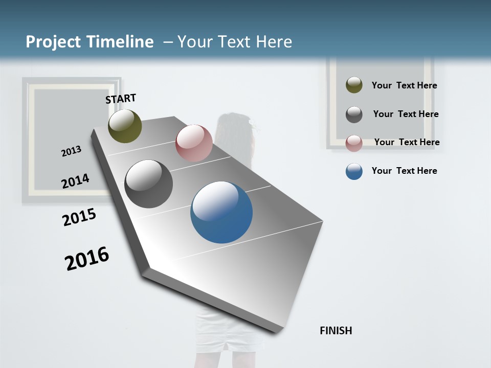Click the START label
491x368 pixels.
click(x=121, y=99)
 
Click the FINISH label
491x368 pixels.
click(x=336, y=331)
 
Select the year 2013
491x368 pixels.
click(x=71, y=151)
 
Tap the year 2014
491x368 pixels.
click(x=75, y=181)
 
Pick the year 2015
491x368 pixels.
click(x=79, y=217)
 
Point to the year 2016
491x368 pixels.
click(x=87, y=259)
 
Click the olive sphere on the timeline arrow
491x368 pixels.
click(x=125, y=126)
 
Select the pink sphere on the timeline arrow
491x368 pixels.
click(x=194, y=143)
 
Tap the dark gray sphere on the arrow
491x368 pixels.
click(x=148, y=184)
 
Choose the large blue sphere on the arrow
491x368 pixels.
click(x=221, y=212)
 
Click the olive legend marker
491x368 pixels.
click(x=354, y=85)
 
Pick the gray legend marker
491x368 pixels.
click(x=354, y=114)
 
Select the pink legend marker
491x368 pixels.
click(x=354, y=143)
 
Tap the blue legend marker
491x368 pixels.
click(x=354, y=171)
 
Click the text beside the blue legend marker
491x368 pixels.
click(x=404, y=171)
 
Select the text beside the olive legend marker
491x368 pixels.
click(x=404, y=85)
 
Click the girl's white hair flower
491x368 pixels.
click(x=251, y=122)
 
